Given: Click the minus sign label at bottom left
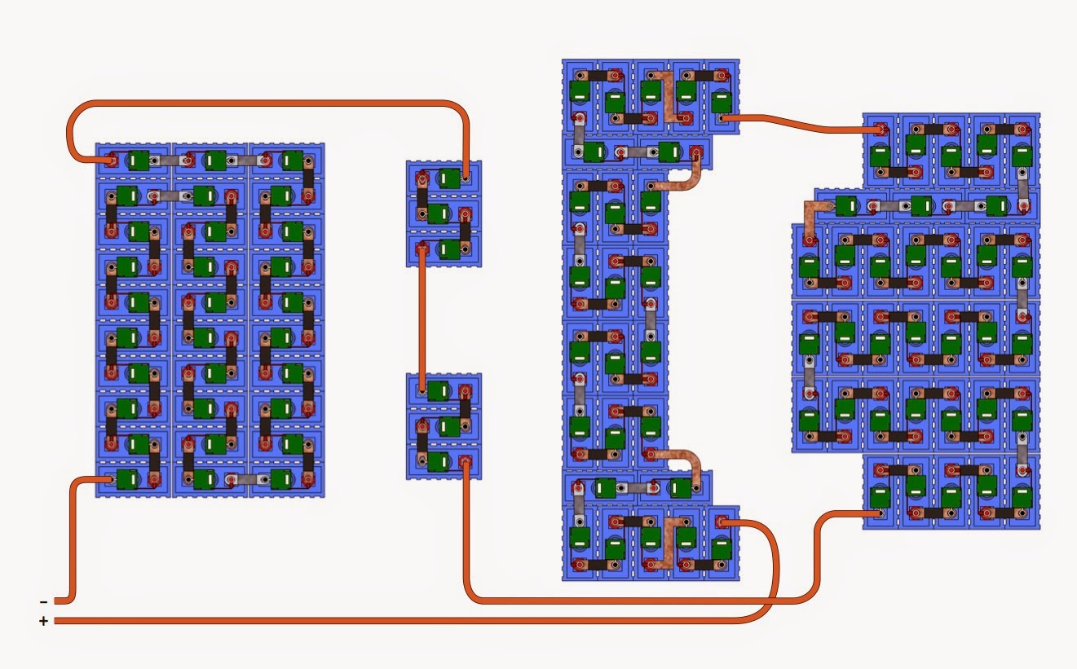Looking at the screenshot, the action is [x=43, y=602].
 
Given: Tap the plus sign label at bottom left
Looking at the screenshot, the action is [x=43, y=622].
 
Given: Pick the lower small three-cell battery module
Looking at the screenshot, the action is [x=444, y=425].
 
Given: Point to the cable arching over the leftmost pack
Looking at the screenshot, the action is [x=269, y=103].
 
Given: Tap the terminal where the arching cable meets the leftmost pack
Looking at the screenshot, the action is [x=108, y=160].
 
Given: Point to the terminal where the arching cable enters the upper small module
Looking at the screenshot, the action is [x=465, y=176].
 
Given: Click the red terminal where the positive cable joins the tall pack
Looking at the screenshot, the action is [x=721, y=523].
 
